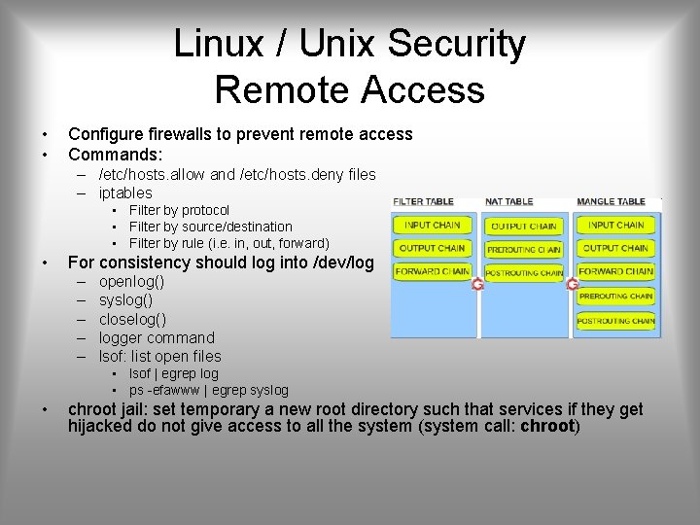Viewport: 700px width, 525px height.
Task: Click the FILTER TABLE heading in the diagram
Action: pyautogui.click(x=423, y=201)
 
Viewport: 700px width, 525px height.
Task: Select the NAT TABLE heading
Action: pyautogui.click(x=508, y=201)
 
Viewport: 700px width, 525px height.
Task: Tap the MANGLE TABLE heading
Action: pyautogui.click(x=611, y=201)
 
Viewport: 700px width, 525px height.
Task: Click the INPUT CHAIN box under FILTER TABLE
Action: pyautogui.click(x=432, y=225)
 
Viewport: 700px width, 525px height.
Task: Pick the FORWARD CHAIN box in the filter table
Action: pyautogui.click(x=432, y=271)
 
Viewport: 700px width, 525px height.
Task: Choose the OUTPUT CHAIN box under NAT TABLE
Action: pyautogui.click(x=523, y=226)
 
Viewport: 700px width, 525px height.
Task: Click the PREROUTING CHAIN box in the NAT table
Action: pyautogui.click(x=523, y=249)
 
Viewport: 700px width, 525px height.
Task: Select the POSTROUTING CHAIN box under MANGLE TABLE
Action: pyautogui.click(x=616, y=320)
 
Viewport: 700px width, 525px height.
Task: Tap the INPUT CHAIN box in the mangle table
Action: pyautogui.click(x=616, y=225)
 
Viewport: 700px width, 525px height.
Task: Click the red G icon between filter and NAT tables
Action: pyautogui.click(x=477, y=284)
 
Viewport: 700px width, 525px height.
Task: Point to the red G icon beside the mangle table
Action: pyautogui.click(x=573, y=284)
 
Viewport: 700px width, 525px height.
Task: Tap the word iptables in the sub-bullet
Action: pyautogui.click(x=125, y=192)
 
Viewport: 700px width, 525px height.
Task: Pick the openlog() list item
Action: pyautogui.click(x=131, y=282)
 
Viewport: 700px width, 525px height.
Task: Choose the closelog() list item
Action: pyautogui.click(x=132, y=319)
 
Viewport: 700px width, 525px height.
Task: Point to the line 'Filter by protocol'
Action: pyautogui.click(x=179, y=210)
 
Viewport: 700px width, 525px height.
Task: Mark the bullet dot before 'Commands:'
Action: pyautogui.click(x=45, y=154)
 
